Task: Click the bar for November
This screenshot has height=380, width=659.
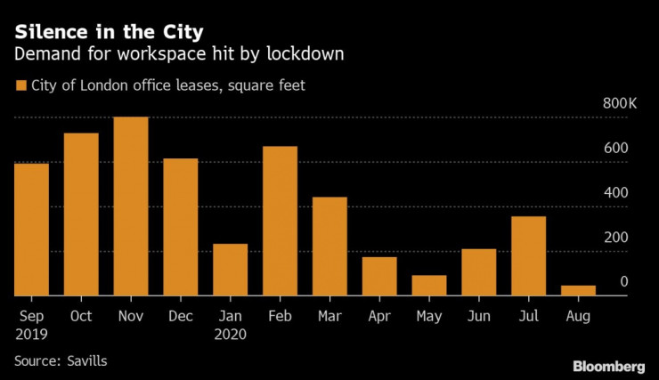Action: (131, 206)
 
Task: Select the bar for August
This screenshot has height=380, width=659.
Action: (578, 291)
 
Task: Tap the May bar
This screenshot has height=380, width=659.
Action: (428, 286)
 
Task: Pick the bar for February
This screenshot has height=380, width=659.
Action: (280, 221)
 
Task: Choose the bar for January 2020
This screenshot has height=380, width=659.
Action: (230, 270)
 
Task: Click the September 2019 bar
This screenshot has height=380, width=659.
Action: (31, 230)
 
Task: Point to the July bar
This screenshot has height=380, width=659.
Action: (528, 256)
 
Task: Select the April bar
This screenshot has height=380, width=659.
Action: (379, 276)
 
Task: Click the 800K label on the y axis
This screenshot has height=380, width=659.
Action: (620, 104)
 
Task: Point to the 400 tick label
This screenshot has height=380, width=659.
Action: (616, 193)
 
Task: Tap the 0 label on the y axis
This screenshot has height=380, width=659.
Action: (624, 282)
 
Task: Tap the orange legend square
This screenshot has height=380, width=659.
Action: (20, 85)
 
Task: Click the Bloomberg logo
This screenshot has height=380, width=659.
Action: (607, 366)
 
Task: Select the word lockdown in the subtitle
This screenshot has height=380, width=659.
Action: (301, 55)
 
